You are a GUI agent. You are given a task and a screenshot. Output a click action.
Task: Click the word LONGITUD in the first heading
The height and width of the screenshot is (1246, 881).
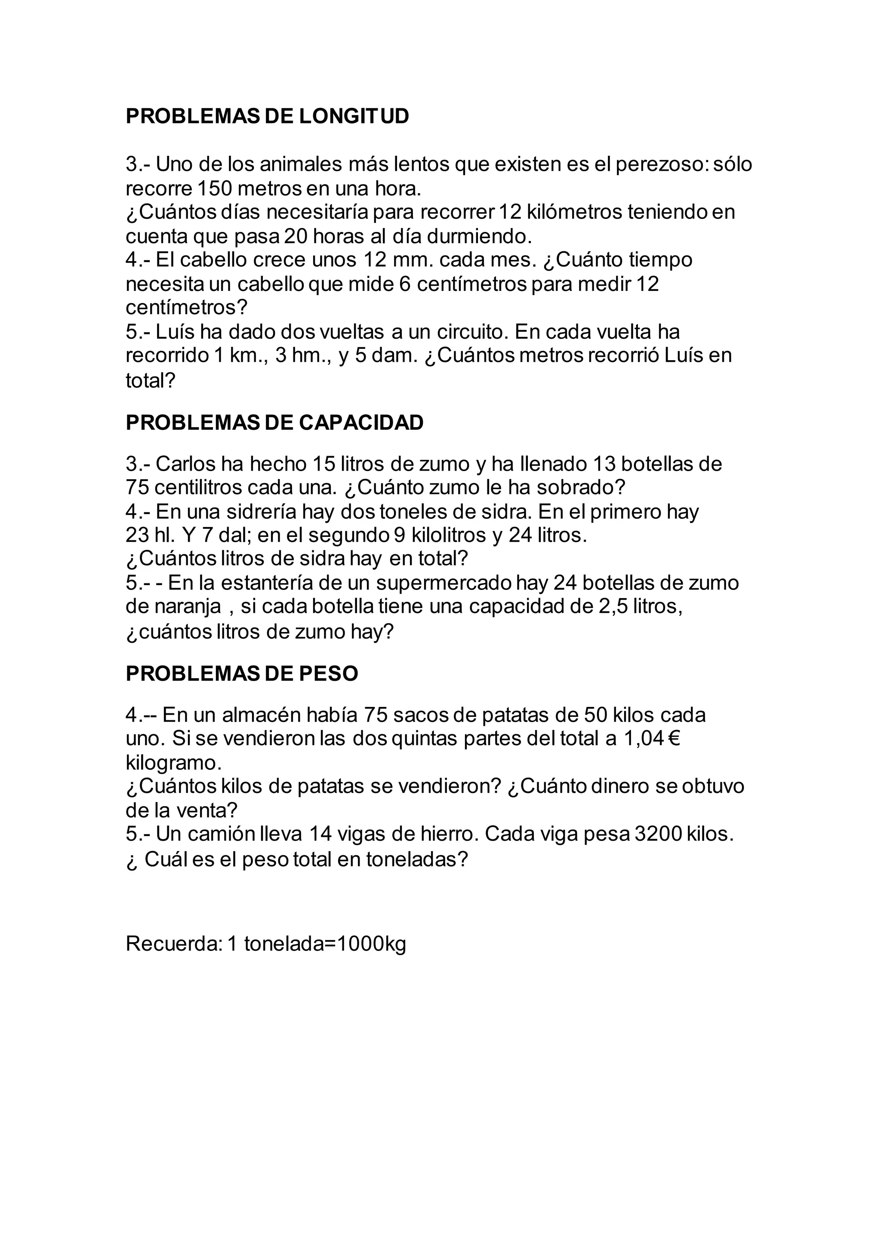coord(354,116)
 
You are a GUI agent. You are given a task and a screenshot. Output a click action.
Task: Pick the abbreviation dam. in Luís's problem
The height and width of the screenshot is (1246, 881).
coord(394,355)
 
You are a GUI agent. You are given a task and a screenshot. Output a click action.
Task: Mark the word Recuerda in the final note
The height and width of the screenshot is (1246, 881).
coord(174,944)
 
